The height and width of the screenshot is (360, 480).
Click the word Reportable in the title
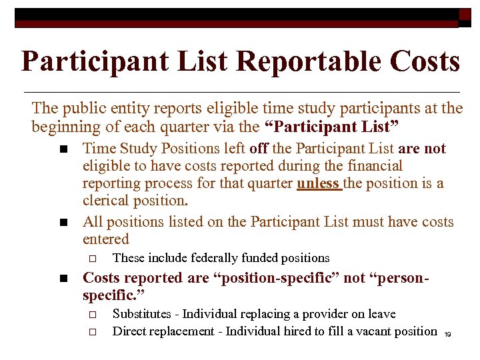click(296, 61)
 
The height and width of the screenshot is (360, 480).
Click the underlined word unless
click(319, 183)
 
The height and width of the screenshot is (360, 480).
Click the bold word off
click(259, 148)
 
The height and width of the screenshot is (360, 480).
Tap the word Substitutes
click(143, 314)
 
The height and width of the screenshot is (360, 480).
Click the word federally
click(203, 258)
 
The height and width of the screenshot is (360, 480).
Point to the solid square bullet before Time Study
click(63, 149)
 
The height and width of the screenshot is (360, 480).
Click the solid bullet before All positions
click(63, 223)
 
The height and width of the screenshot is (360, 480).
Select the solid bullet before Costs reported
click(63, 279)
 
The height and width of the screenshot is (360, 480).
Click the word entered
click(106, 239)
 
